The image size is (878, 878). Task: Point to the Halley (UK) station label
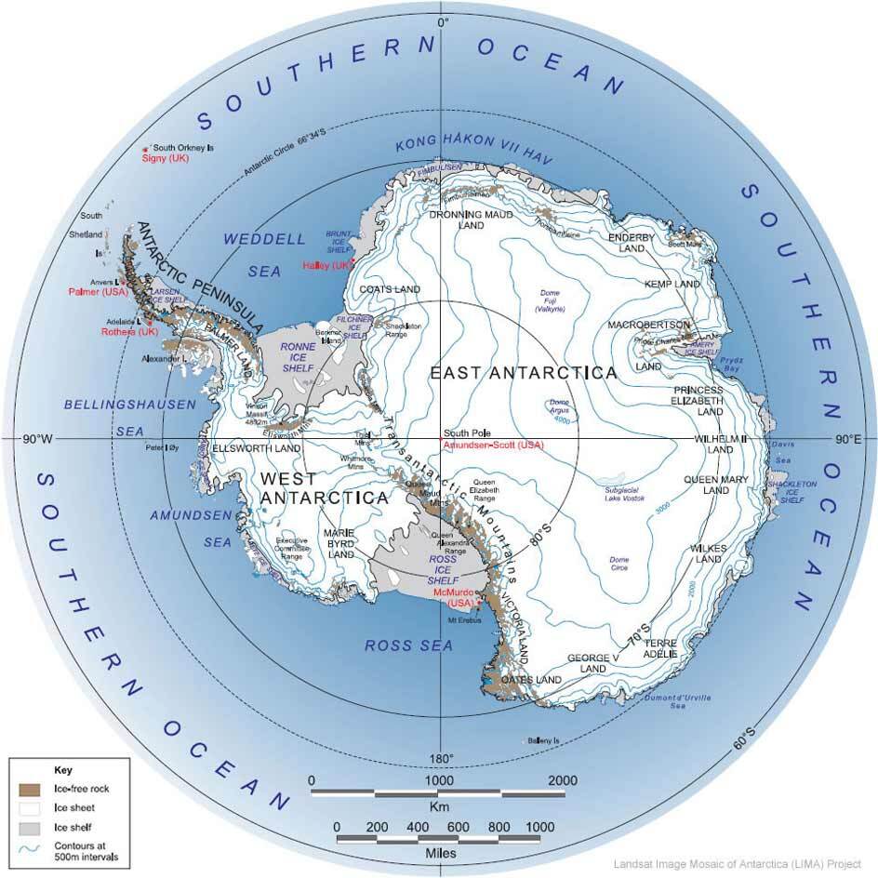click(328, 266)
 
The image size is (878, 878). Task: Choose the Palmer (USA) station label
click(97, 291)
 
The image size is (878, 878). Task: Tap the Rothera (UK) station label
click(133, 332)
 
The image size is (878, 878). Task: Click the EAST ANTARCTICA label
click(524, 373)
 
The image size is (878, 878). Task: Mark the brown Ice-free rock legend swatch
click(29, 789)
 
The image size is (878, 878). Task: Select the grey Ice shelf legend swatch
click(29, 826)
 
